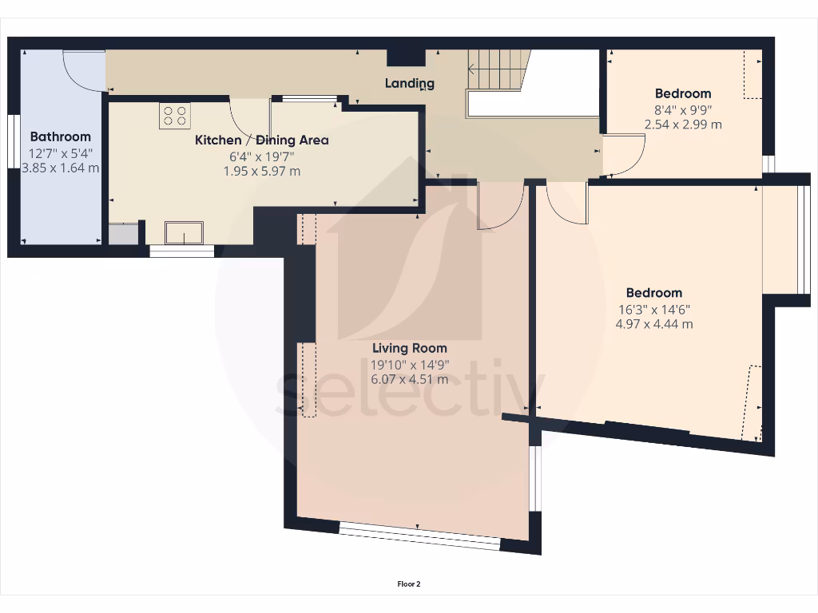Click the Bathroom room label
point(60,136)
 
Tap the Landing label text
point(409,83)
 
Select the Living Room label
point(409,348)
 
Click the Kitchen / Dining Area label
point(262,140)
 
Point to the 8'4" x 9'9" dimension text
point(682,109)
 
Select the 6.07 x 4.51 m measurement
point(409,379)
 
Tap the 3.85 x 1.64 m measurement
point(60,168)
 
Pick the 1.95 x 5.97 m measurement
point(262,172)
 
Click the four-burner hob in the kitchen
point(175,117)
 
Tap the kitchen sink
point(184,232)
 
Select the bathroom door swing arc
point(83,72)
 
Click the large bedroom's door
point(567,203)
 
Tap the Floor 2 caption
point(408,584)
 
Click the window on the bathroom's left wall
point(13,142)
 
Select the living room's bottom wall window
point(419,536)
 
